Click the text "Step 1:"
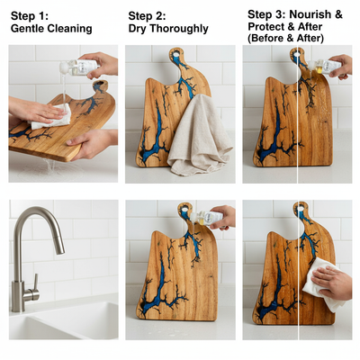coord(31,15)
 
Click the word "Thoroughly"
coord(179,28)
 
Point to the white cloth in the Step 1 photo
coord(51,114)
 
